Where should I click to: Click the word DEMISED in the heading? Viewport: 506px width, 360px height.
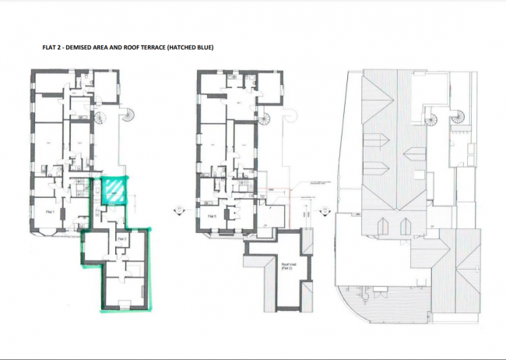(79, 48)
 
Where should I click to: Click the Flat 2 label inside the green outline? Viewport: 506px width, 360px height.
(122, 238)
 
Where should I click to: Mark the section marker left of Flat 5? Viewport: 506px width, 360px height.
(172, 208)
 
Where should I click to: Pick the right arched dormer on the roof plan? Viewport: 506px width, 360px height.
(406, 226)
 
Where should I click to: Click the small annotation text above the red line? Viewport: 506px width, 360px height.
(304, 181)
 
